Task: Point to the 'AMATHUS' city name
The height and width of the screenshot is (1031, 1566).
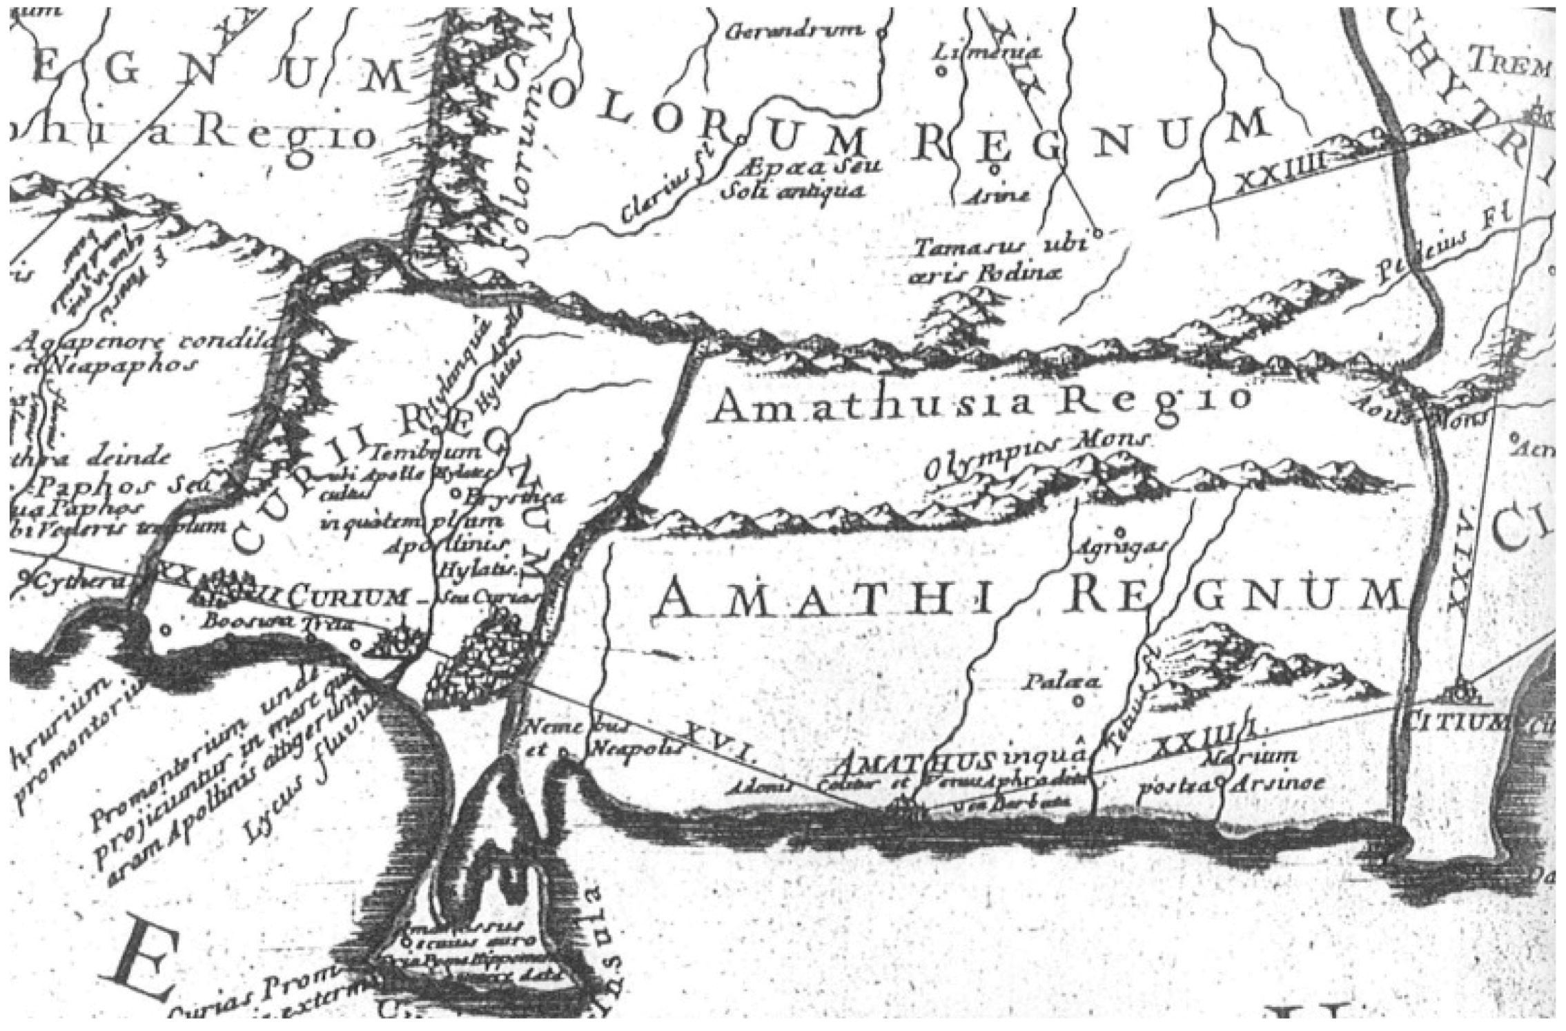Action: tap(915, 763)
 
